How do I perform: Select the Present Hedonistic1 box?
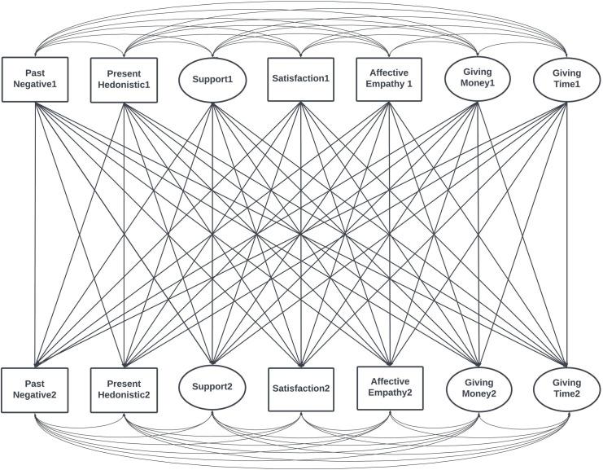pyautogui.click(x=123, y=80)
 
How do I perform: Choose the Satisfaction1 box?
pyautogui.click(x=301, y=79)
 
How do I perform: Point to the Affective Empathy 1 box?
pyautogui.click(x=390, y=80)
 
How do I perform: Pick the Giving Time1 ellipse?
pyautogui.click(x=566, y=80)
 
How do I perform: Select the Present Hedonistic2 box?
pyautogui.click(x=123, y=389)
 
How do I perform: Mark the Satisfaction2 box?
pyautogui.click(x=301, y=389)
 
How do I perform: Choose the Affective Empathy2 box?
pyautogui.click(x=390, y=388)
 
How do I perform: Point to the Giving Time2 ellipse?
pyautogui.click(x=566, y=389)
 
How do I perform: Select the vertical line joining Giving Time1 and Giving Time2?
pyautogui.click(x=566, y=236)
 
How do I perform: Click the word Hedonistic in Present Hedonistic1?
pyautogui.click(x=123, y=86)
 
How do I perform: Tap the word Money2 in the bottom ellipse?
pyautogui.click(x=478, y=395)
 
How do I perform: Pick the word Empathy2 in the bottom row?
pyautogui.click(x=390, y=393)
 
